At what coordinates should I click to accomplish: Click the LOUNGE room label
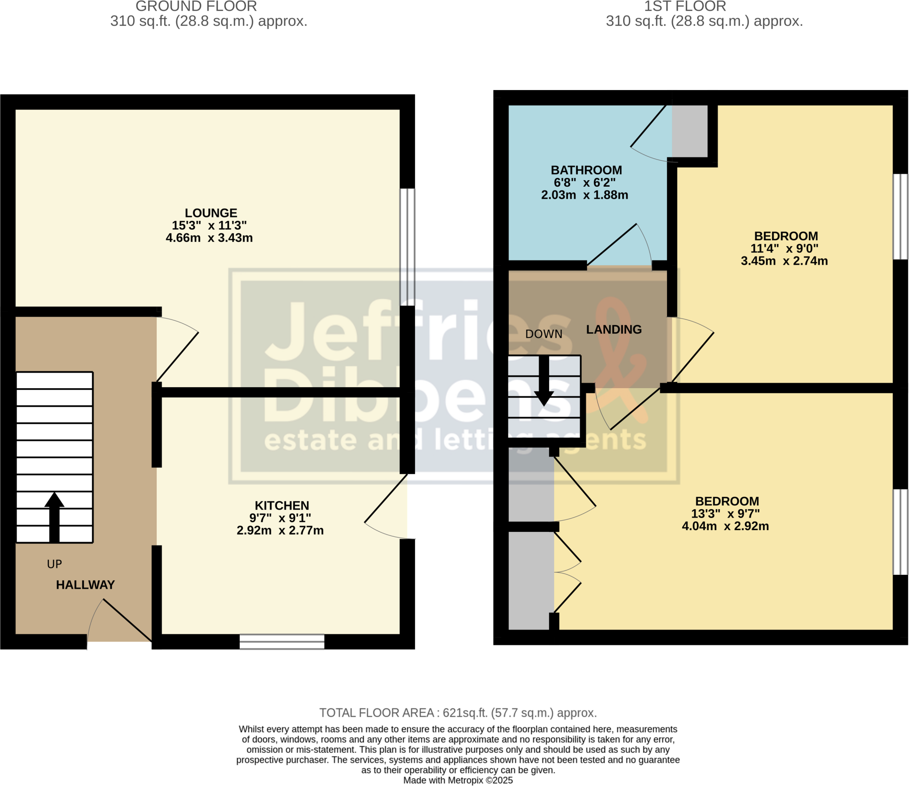(x=211, y=213)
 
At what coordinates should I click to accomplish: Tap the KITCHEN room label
(x=282, y=505)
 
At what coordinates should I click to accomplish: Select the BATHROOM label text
(x=586, y=170)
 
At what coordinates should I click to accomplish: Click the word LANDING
(x=613, y=330)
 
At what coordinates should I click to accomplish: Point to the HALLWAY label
(x=85, y=585)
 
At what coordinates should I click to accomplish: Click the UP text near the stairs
(x=54, y=564)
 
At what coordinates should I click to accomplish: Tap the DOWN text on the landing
(x=543, y=334)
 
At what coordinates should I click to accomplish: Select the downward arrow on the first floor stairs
(x=544, y=381)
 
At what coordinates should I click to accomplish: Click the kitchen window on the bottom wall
(x=282, y=642)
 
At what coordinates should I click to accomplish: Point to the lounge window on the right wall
(x=407, y=247)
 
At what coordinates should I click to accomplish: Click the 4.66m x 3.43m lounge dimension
(x=209, y=238)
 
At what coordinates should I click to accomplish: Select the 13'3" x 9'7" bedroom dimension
(x=725, y=514)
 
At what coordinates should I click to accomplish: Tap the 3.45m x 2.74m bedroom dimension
(x=784, y=261)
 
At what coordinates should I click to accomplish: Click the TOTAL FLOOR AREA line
(x=458, y=713)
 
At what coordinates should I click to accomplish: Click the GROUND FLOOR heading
(x=196, y=6)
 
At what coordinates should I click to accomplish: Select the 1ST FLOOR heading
(x=685, y=6)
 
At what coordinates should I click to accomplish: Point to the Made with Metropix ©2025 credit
(x=458, y=780)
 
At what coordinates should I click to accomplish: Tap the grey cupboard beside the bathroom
(x=689, y=131)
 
